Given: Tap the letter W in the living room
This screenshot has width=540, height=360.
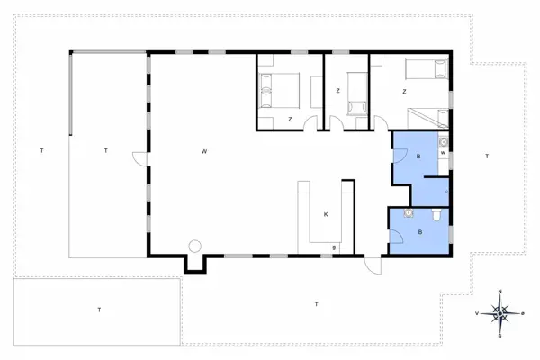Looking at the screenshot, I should [x=205, y=151].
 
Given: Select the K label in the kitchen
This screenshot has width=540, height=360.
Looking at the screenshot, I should [x=327, y=213].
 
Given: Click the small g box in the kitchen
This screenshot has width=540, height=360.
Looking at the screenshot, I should [x=334, y=247].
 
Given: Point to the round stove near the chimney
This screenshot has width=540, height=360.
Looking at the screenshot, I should [x=193, y=247].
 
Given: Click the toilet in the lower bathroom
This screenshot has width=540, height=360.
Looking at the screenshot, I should [x=436, y=215].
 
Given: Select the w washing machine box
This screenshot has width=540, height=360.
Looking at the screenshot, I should [x=443, y=152].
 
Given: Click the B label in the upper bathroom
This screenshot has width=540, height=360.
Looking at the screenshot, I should [x=418, y=157].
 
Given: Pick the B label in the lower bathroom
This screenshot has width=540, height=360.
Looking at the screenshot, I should [x=419, y=232].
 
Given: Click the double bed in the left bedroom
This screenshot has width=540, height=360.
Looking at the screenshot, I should [x=280, y=89].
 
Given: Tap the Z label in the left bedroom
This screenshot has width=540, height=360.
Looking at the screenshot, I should [x=290, y=119].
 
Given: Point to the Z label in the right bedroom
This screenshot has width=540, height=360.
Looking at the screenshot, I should [x=404, y=92].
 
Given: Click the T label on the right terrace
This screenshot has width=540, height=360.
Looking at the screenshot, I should [x=487, y=157].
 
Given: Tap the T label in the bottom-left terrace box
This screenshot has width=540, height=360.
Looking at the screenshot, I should [x=98, y=310].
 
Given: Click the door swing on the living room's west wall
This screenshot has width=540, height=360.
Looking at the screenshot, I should [x=141, y=158].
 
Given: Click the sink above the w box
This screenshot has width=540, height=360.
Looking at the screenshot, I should [x=443, y=140].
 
